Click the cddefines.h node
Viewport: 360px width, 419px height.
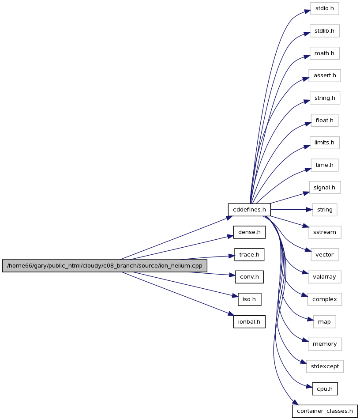tap(249, 210)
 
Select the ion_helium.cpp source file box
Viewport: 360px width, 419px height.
tap(105, 266)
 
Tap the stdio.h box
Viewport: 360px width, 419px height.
tap(324, 8)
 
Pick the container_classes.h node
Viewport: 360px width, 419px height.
tap(325, 411)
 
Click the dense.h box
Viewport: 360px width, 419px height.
tap(249, 232)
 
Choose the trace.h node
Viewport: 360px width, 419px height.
tap(249, 255)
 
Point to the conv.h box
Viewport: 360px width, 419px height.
tap(249, 277)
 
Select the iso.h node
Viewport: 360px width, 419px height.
tap(249, 299)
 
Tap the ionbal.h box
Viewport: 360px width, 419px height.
tap(249, 322)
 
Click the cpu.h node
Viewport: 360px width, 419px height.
tap(325, 389)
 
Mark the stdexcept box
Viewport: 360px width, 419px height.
tap(325, 366)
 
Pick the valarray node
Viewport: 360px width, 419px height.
tap(324, 277)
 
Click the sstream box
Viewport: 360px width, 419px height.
tap(324, 232)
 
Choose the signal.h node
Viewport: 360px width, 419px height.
tap(324, 188)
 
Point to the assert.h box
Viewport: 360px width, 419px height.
tap(325, 75)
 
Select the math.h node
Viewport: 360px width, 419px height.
tap(324, 53)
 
